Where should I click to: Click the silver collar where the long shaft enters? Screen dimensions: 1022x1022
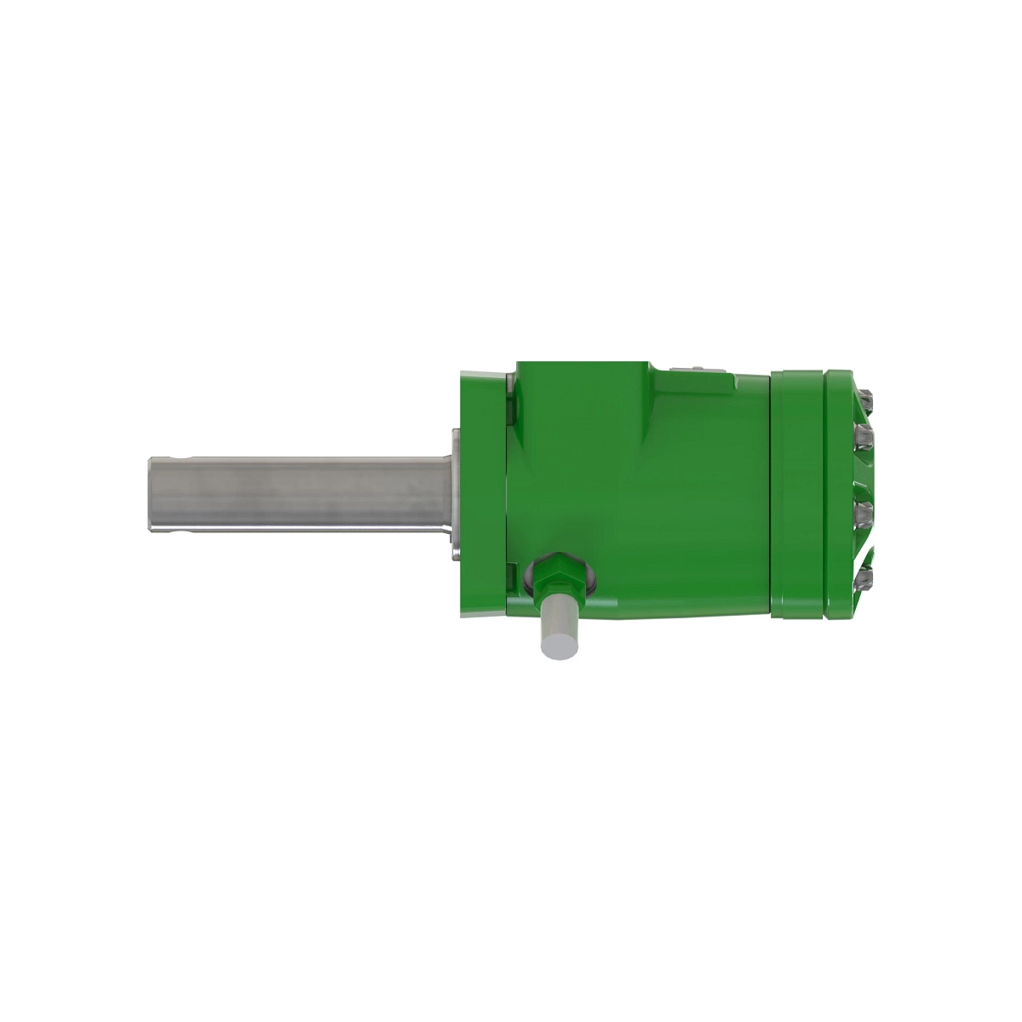tap(455, 494)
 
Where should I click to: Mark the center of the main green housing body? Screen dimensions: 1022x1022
tap(639, 494)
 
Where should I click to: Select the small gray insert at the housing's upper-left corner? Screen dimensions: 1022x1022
tap(511, 383)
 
